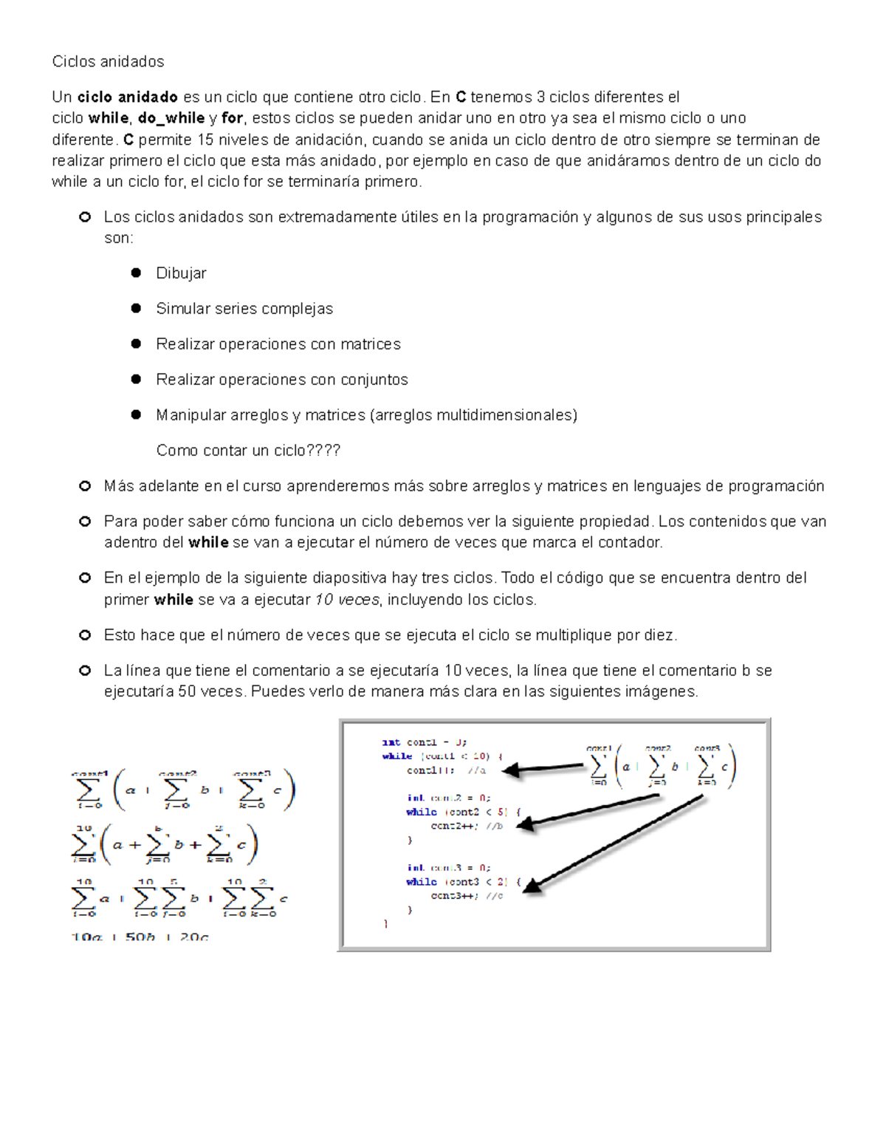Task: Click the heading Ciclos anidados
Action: (108, 61)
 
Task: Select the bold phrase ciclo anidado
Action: (127, 97)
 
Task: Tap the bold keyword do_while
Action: (171, 118)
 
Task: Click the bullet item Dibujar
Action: (181, 273)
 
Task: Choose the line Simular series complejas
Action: (244, 309)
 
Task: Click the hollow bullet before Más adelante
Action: (85, 486)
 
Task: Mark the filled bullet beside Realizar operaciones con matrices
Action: (136, 344)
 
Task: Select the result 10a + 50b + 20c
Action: (140, 937)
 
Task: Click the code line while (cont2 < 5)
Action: (463, 812)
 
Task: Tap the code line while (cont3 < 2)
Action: (463, 882)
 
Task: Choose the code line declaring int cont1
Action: (424, 742)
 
